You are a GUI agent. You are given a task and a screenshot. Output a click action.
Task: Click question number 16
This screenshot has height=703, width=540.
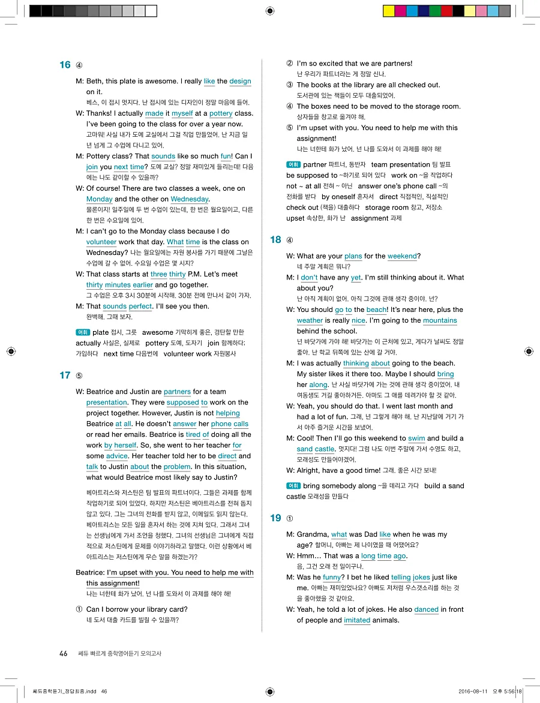(x=65, y=65)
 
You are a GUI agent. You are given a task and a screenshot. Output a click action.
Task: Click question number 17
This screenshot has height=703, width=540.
(x=65, y=375)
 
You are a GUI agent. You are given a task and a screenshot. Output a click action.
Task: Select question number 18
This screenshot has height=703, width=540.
(x=275, y=240)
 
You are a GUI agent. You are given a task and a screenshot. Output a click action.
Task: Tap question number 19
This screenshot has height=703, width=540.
(x=275, y=518)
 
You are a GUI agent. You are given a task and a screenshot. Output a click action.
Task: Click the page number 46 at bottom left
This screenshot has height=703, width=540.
(x=63, y=654)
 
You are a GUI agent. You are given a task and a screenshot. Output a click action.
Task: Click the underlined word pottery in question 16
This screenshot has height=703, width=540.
(x=221, y=113)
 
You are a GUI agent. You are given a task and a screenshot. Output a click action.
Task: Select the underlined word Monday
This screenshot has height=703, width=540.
(x=99, y=199)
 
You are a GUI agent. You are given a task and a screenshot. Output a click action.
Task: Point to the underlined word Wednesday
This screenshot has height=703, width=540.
(x=189, y=199)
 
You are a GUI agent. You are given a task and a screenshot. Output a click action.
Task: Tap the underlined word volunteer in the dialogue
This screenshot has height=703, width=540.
(x=101, y=242)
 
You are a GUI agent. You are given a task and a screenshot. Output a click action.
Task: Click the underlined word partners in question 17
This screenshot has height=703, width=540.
(x=177, y=392)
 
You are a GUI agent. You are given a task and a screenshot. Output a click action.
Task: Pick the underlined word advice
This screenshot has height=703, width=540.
(x=117, y=456)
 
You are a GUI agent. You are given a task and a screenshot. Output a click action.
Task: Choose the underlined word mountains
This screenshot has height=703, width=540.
(x=440, y=321)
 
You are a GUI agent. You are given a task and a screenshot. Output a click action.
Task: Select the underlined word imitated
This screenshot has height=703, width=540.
(x=357, y=620)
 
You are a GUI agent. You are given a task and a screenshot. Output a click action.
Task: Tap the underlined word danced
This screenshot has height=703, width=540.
(x=426, y=609)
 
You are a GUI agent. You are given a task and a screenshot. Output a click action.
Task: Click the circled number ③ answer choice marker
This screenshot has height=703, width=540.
(x=289, y=85)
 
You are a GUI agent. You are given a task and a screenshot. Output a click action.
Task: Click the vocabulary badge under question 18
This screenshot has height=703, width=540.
(x=293, y=485)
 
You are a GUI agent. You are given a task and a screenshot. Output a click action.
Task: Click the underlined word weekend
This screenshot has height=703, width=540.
(x=402, y=256)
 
